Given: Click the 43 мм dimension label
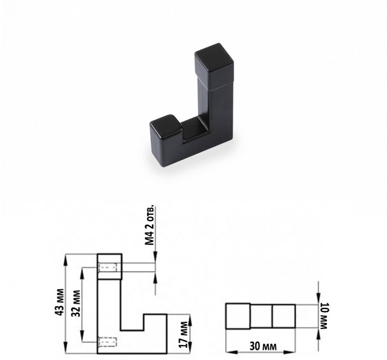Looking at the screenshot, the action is pos(60,302).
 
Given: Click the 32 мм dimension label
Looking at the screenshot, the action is pos(76,303).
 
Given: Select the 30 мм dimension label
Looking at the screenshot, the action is pos(263,346).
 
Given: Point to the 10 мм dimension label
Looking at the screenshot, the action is pos(323,316).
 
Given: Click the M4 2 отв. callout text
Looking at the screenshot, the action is pos(150,225).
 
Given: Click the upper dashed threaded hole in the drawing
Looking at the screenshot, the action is pos(107,268).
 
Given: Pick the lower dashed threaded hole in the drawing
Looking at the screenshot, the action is pos(107,342).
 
